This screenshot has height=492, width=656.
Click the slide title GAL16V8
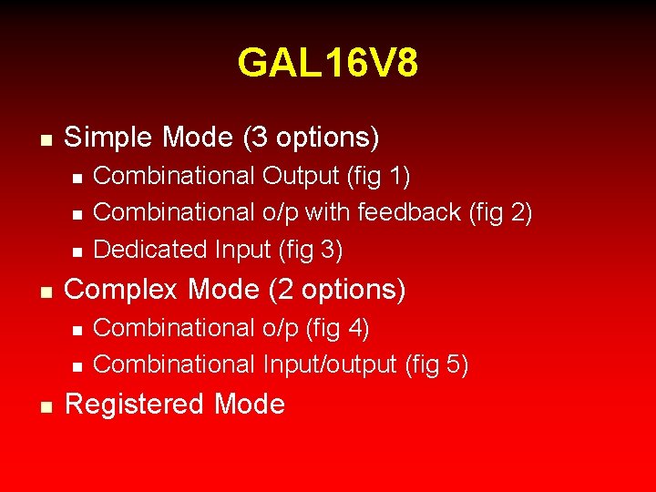tap(328, 64)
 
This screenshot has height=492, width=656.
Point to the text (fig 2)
tap(500, 212)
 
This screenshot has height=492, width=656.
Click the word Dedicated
tap(150, 250)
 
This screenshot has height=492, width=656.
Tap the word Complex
tap(121, 290)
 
